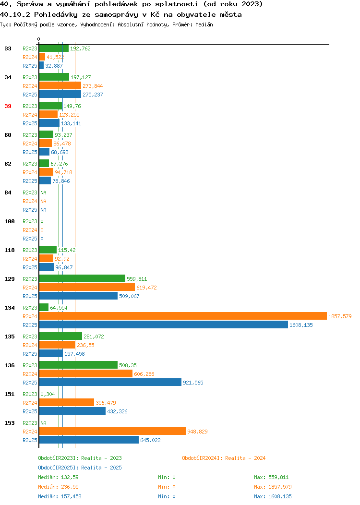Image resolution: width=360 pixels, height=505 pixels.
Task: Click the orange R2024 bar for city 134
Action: click(183, 316)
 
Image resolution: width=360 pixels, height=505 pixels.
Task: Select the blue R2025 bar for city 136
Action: click(110, 382)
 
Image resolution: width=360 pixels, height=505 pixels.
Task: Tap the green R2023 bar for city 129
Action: click(82, 278)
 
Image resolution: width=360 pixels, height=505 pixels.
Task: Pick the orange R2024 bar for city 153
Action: click(112, 431)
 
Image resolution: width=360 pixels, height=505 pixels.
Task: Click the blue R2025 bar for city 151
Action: click(72, 411)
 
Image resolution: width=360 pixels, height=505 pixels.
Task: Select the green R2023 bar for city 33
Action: click(54, 48)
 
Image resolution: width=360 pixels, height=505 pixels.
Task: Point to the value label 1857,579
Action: click(340, 316)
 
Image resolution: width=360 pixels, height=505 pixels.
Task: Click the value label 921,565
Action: click(193, 383)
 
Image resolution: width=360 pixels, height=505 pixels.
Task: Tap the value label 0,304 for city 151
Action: click(48, 394)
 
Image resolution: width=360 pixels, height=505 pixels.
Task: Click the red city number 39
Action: click(8, 106)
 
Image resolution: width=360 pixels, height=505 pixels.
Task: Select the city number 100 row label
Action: click(9, 222)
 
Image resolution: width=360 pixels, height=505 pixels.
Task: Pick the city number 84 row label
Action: click(8, 192)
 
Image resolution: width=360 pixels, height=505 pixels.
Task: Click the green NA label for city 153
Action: click(44, 423)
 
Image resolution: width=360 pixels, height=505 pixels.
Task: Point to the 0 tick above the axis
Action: click(39, 39)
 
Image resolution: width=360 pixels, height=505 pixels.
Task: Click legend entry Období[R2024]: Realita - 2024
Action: click(224, 458)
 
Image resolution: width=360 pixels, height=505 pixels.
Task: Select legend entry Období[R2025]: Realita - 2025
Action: click(80, 468)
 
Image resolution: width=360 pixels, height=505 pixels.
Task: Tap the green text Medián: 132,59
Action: click(58, 477)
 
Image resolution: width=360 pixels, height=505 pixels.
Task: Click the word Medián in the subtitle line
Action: click(204, 24)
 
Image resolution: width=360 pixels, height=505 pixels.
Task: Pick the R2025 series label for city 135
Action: click(30, 354)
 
